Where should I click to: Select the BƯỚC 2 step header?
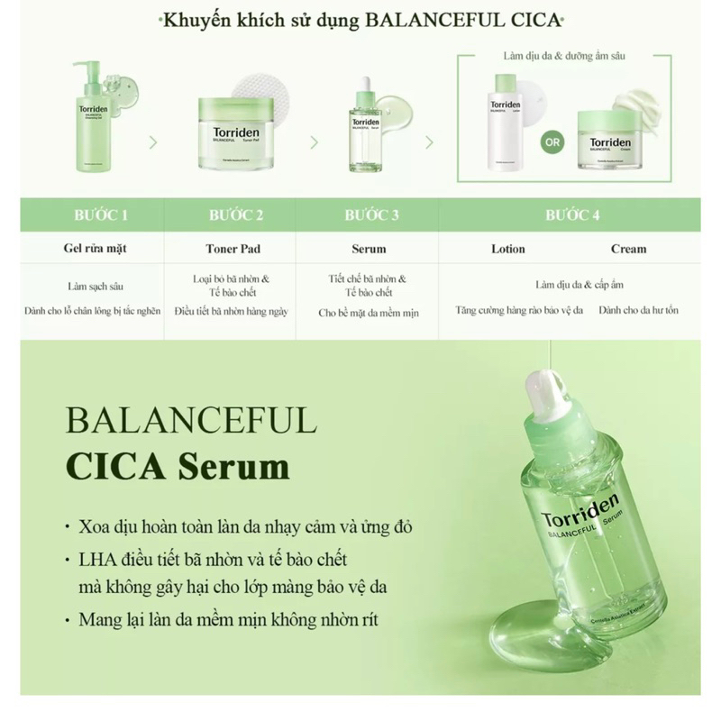(x=236, y=215)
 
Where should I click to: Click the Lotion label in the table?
(x=508, y=249)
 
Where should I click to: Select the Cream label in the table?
(x=628, y=249)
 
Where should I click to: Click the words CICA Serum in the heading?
(x=178, y=467)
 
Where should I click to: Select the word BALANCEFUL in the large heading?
(x=191, y=421)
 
